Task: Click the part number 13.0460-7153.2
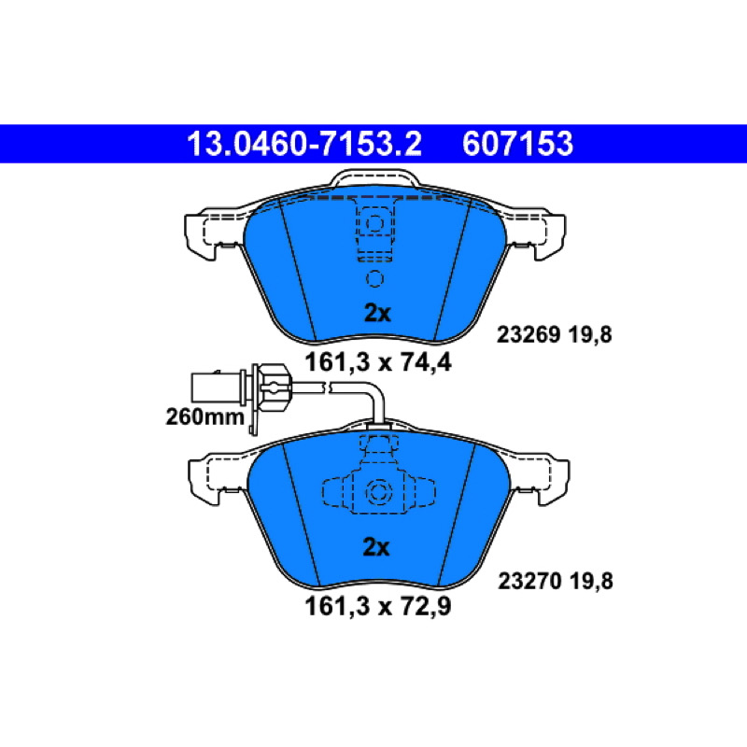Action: pyautogui.click(x=304, y=144)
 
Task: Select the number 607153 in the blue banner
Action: pyautogui.click(x=517, y=144)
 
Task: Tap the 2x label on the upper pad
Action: pyautogui.click(x=377, y=313)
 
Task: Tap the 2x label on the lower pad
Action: pyautogui.click(x=376, y=547)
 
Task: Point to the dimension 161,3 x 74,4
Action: pyautogui.click(x=378, y=362)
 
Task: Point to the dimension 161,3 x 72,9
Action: pyautogui.click(x=378, y=606)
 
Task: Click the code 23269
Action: pyautogui.click(x=529, y=334)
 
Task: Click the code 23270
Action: pyautogui.click(x=529, y=581)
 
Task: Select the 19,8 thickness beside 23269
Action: pyautogui.click(x=590, y=335)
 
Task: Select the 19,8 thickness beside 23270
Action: pyautogui.click(x=591, y=582)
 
